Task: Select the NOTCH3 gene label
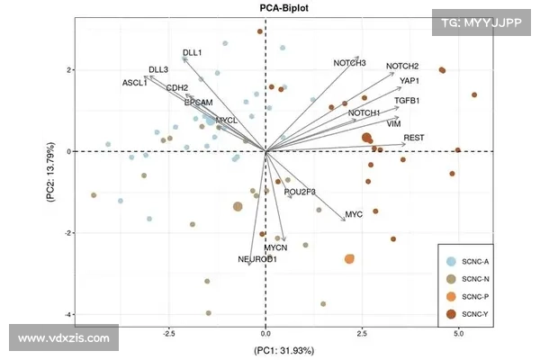349,63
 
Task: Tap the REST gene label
413,138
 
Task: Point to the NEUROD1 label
257,259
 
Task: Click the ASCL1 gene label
135,83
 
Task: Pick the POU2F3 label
300,192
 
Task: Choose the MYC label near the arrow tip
354,215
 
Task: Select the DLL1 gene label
192,53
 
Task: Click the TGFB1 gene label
407,100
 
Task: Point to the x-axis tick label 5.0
458,333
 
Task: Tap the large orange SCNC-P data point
349,258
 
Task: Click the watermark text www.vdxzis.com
62,339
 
